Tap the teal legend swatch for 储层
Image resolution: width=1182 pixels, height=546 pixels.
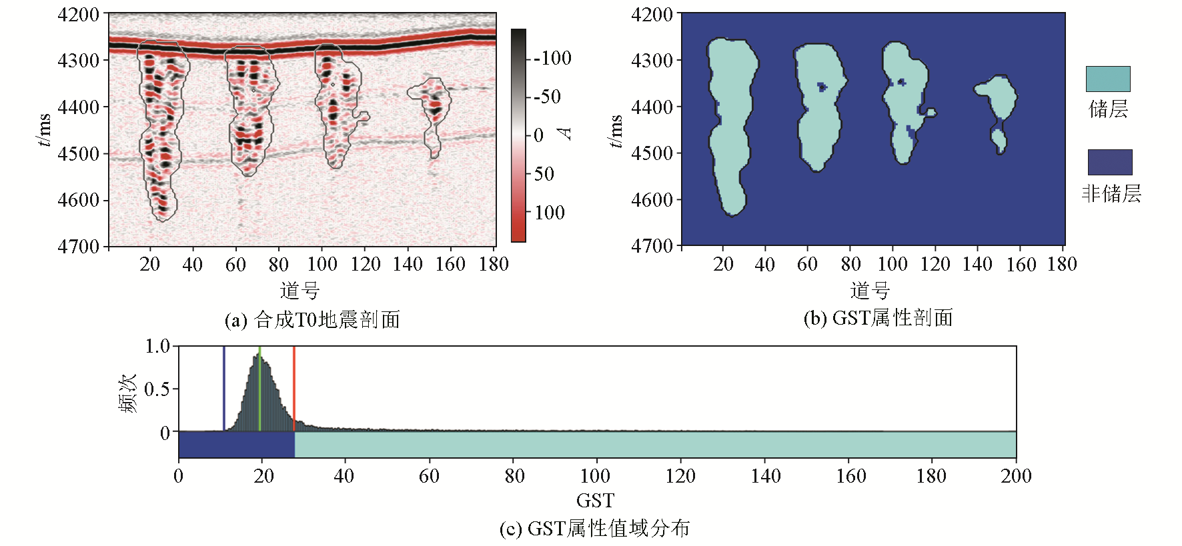tap(1108, 79)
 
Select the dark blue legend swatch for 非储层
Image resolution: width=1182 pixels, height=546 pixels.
tap(1110, 162)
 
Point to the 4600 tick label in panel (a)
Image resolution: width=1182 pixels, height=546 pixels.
tap(79, 200)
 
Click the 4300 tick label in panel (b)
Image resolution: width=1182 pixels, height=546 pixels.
tap(652, 60)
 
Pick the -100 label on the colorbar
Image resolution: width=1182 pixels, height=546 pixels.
tap(552, 58)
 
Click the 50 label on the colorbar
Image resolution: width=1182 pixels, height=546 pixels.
tap(544, 174)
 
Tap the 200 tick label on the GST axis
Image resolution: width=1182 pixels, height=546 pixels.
tap(1015, 476)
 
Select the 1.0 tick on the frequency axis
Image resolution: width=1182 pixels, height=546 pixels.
tap(157, 346)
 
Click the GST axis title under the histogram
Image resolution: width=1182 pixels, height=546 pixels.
tap(595, 500)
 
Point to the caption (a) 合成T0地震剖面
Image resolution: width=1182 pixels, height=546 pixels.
tap(312, 320)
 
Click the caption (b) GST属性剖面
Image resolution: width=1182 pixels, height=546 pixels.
tap(878, 318)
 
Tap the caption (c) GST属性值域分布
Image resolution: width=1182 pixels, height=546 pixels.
tap(594, 529)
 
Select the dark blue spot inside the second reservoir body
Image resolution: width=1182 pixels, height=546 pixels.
tap(822, 87)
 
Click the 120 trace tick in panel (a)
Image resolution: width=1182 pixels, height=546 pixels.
tap(366, 264)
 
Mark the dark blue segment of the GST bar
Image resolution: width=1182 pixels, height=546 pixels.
tap(236, 445)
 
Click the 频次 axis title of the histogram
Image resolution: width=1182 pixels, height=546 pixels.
tap(127, 393)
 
